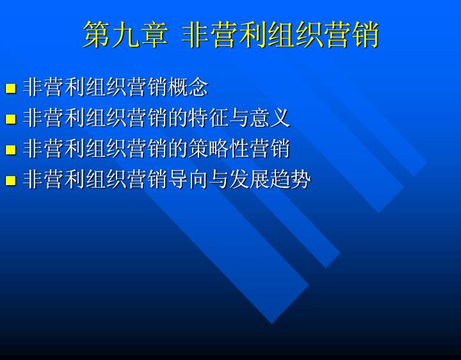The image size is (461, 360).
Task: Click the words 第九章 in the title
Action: (x=125, y=35)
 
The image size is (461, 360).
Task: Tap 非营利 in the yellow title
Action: (x=224, y=35)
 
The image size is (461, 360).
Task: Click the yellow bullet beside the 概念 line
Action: (x=11, y=88)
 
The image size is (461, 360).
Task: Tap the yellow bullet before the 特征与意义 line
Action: (x=11, y=119)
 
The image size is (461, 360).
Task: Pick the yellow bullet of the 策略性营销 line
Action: (x=11, y=149)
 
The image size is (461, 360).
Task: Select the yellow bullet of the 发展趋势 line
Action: (x=11, y=180)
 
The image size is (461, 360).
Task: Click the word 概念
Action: (x=188, y=87)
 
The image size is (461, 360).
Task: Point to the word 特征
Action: (x=209, y=118)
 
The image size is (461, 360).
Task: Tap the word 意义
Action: (x=270, y=118)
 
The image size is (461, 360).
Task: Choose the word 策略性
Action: (x=219, y=149)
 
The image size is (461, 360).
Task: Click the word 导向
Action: (x=188, y=179)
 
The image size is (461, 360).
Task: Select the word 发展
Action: (x=250, y=179)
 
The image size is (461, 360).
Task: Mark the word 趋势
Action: (x=291, y=179)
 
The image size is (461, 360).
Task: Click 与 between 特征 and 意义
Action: (x=239, y=118)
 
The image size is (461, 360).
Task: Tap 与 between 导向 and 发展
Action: (x=219, y=179)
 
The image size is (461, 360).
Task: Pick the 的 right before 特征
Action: (x=178, y=118)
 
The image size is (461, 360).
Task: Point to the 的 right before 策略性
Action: (x=178, y=149)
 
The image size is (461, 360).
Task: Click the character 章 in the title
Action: (x=154, y=35)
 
